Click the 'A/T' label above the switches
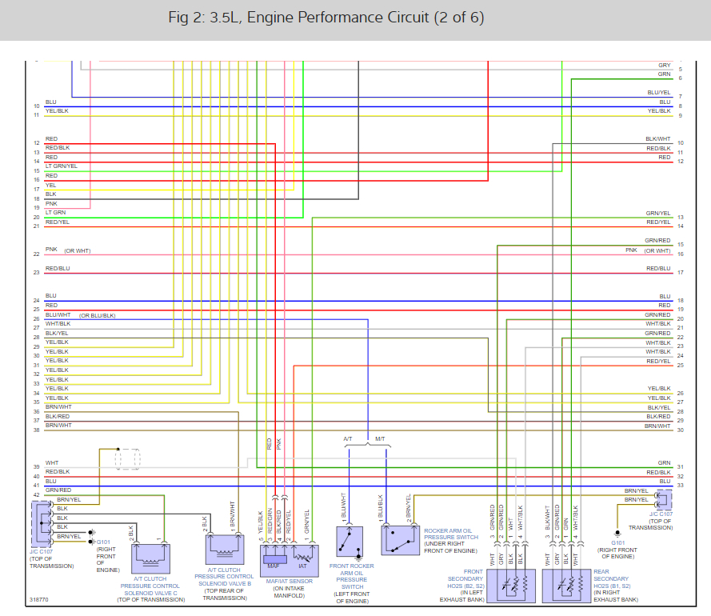pos(348,439)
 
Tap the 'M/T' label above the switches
pos(381,439)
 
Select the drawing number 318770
pos(38,598)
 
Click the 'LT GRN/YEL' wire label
pos(62,166)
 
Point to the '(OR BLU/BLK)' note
pos(98,315)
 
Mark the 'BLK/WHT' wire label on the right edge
pos(658,139)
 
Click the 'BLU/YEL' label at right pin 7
pos(659,93)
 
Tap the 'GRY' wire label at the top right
pos(665,66)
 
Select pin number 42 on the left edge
pos(36,495)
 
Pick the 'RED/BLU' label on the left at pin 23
pos(58,269)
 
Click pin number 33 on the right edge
pos(680,486)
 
